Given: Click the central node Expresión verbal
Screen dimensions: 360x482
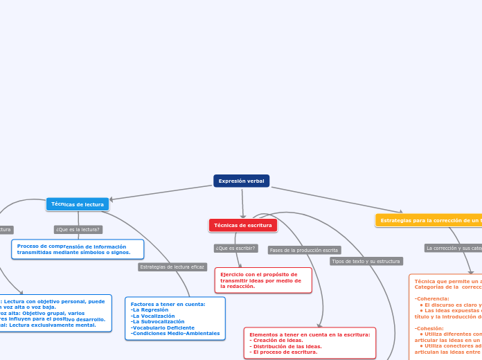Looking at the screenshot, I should (x=241, y=181).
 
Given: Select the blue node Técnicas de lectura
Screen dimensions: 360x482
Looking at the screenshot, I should (x=78, y=204).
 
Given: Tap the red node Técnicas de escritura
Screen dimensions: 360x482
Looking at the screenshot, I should (x=242, y=225).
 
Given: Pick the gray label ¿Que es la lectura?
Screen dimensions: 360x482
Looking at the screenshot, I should (x=78, y=229).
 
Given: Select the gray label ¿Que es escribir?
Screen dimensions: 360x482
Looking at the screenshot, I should (x=235, y=248).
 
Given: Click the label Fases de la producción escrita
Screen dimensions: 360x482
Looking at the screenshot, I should (x=303, y=250).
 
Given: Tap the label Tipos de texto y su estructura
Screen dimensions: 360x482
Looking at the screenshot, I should (x=366, y=261).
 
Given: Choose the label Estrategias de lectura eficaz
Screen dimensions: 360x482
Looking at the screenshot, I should (x=172, y=267).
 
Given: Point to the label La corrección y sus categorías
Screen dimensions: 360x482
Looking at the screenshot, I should (x=453, y=247).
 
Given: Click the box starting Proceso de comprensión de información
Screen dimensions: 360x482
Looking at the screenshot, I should (x=78, y=249).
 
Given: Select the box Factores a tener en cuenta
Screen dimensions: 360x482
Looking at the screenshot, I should (x=175, y=318).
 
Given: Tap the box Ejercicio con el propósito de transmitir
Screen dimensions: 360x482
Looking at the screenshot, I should (x=263, y=280).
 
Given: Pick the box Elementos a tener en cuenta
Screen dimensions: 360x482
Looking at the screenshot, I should (x=309, y=343).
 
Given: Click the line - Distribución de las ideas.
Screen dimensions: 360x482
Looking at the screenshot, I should (x=285, y=346).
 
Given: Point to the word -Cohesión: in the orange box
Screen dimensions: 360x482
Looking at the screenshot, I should (x=429, y=328).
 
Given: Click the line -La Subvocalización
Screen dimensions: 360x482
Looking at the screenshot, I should (x=157, y=321).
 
